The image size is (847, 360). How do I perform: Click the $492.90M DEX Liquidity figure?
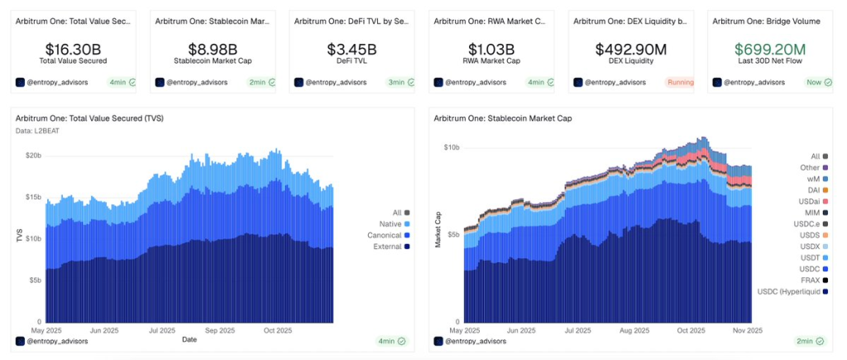click(x=631, y=50)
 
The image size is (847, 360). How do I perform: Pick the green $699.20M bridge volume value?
click(x=770, y=50)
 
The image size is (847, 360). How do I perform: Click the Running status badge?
click(x=679, y=82)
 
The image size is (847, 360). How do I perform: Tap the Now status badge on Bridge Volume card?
click(x=818, y=82)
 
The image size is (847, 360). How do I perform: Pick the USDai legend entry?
click(x=811, y=201)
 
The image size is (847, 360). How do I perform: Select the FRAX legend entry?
click(x=811, y=280)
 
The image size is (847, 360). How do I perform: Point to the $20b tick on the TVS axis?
click(x=33, y=156)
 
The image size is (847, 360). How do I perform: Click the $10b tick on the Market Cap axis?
click(x=452, y=147)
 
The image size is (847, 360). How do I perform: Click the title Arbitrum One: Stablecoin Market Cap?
click(x=502, y=118)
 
